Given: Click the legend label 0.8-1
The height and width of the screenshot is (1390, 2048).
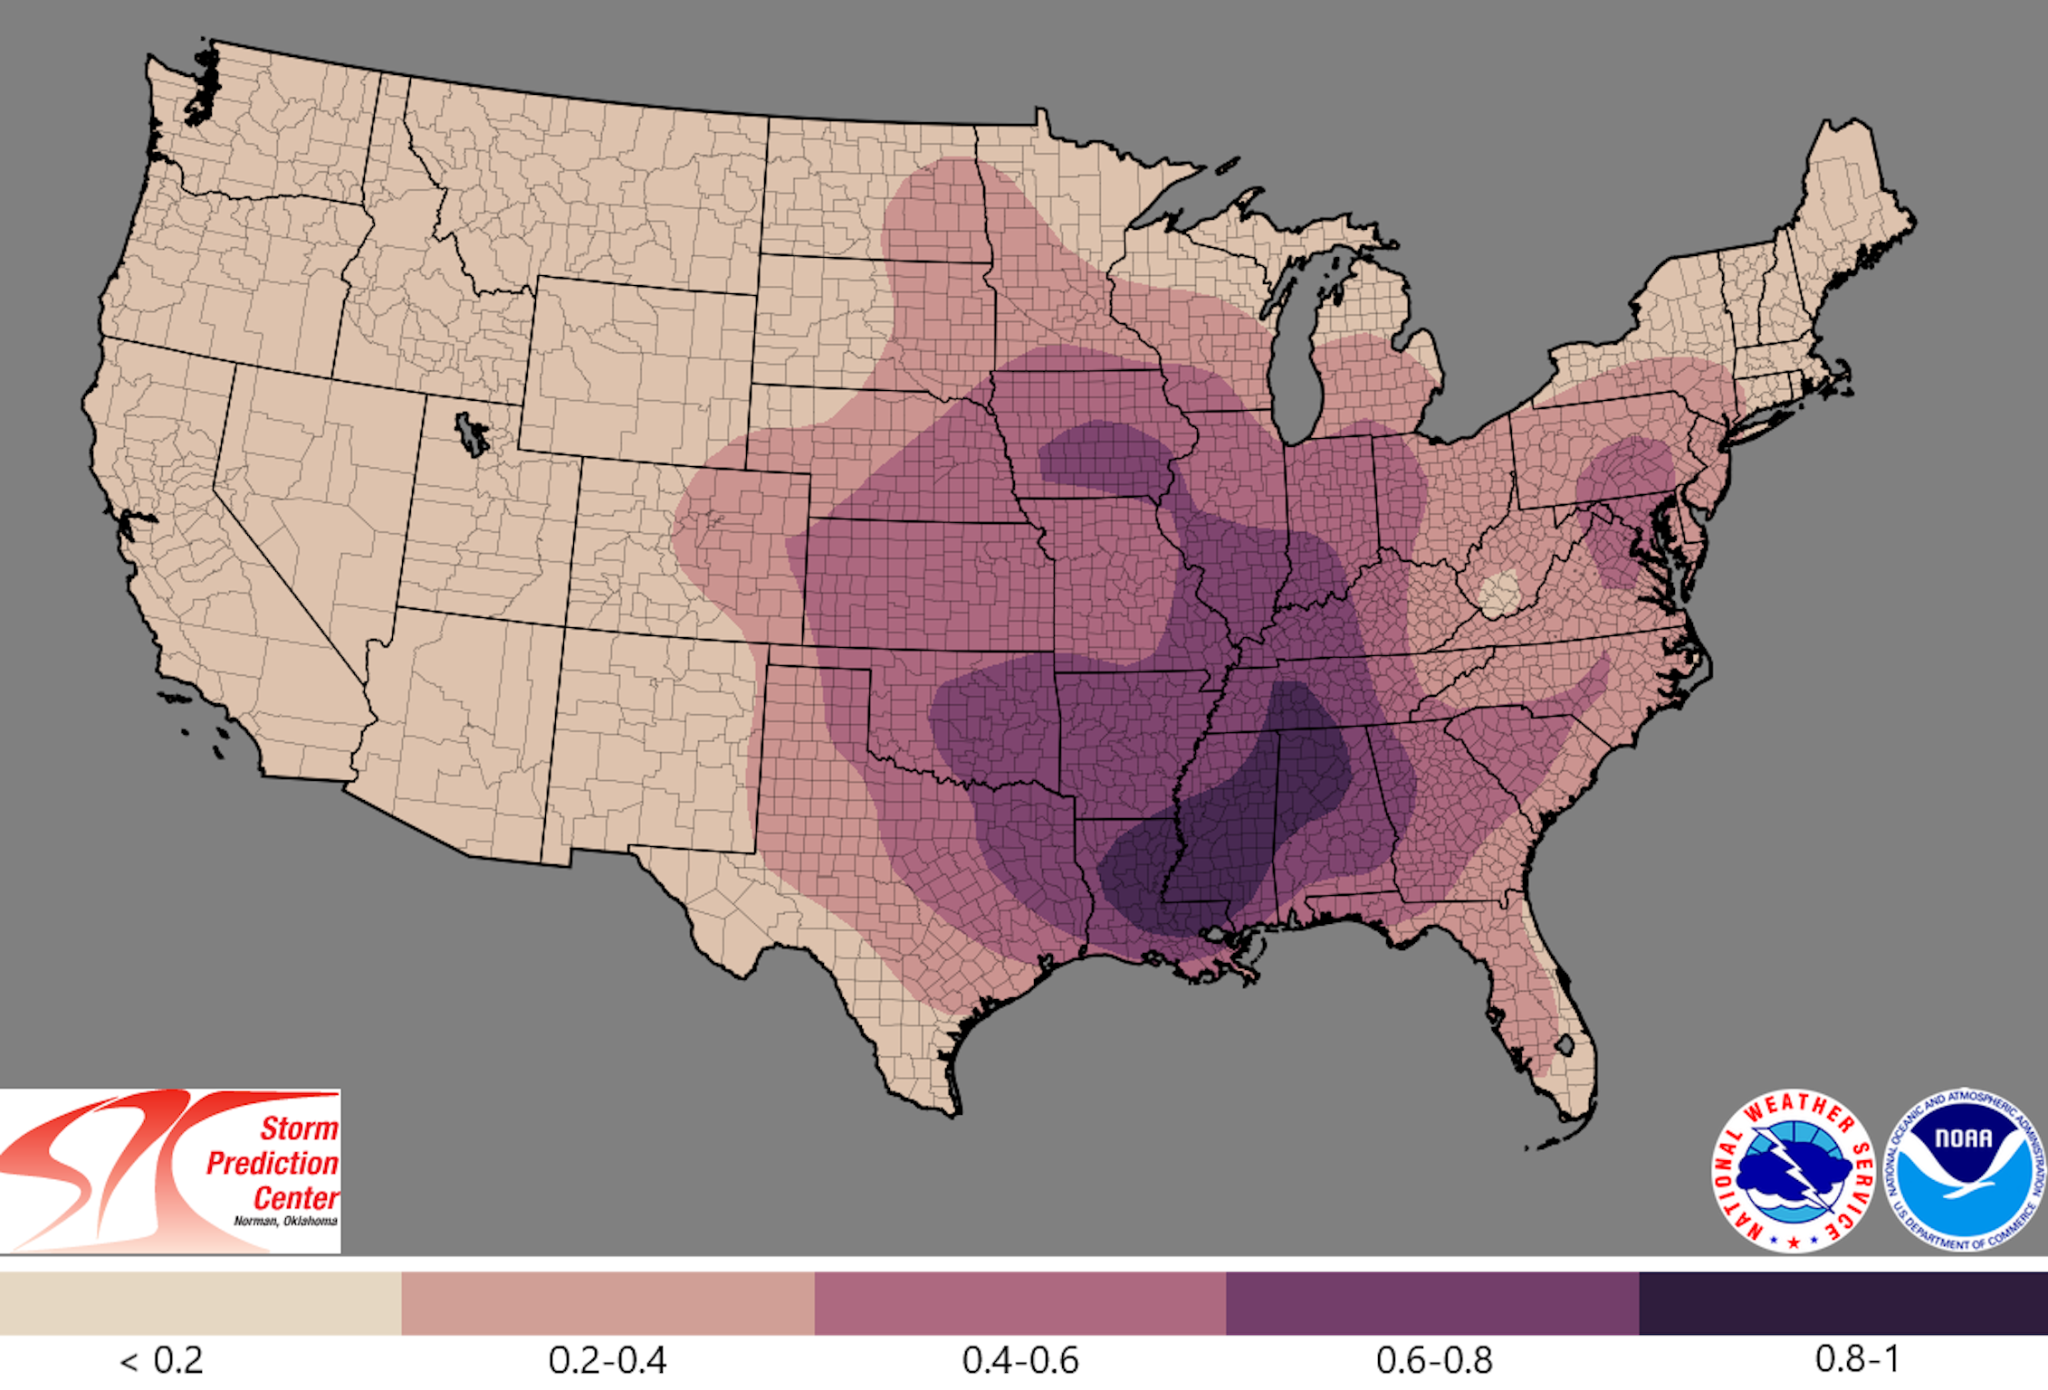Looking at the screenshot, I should (x=1857, y=1359).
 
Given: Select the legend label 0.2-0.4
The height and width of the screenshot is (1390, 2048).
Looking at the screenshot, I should (x=608, y=1360).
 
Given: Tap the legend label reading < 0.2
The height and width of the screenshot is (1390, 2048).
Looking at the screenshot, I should (x=162, y=1360).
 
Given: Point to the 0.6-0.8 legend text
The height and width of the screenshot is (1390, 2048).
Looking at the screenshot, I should (x=1433, y=1360).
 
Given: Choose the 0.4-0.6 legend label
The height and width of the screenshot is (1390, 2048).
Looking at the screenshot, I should (x=1020, y=1360).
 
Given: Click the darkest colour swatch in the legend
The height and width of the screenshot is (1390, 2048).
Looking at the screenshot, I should (x=1842, y=1303).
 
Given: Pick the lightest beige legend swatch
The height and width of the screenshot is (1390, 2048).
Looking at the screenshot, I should (x=200, y=1303).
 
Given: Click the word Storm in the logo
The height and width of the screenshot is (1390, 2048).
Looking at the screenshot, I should (x=299, y=1128).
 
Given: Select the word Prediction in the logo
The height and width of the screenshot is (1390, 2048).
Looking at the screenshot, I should (x=272, y=1163).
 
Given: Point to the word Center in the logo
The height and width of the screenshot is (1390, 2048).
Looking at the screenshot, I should (x=295, y=1198).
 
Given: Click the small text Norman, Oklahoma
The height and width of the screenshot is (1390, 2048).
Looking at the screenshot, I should (x=285, y=1221).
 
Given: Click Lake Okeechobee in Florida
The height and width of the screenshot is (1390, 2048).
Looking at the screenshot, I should (x=1564, y=1046).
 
